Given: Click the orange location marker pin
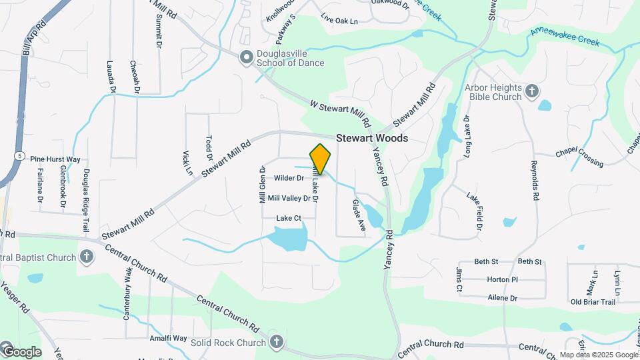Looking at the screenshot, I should [321, 159].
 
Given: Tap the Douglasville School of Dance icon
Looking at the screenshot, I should [247, 58].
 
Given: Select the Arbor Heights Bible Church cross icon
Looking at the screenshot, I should [531, 91].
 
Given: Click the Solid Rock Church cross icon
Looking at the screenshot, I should [277, 343].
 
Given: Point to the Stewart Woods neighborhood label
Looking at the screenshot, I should [371, 138].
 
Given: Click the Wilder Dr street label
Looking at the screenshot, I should [289, 178].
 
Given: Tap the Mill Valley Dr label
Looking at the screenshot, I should [289, 198].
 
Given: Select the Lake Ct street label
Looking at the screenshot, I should [289, 218].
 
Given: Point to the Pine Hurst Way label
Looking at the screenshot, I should [55, 159].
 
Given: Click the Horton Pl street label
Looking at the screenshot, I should [503, 280].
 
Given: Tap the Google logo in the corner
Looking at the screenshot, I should [21, 351].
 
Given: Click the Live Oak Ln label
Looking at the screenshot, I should [339, 21].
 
